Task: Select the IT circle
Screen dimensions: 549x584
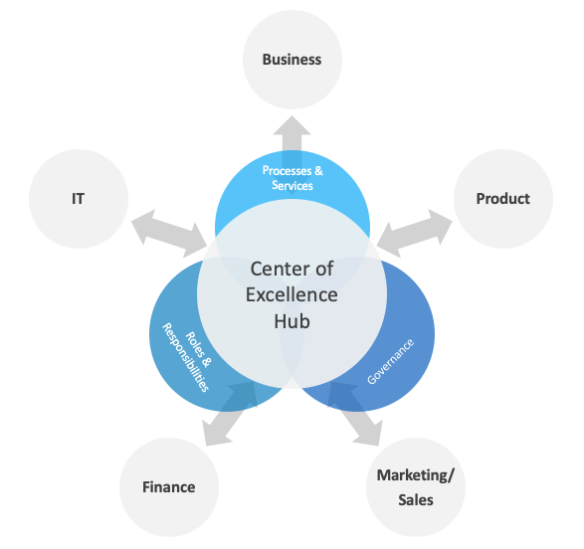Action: coord(78,198)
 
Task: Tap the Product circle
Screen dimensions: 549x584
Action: coord(502,198)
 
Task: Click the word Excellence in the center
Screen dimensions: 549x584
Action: coord(292,295)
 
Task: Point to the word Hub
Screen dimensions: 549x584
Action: coord(292,321)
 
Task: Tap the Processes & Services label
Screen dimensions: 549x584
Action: coord(292,178)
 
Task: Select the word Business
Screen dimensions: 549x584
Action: coord(292,59)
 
